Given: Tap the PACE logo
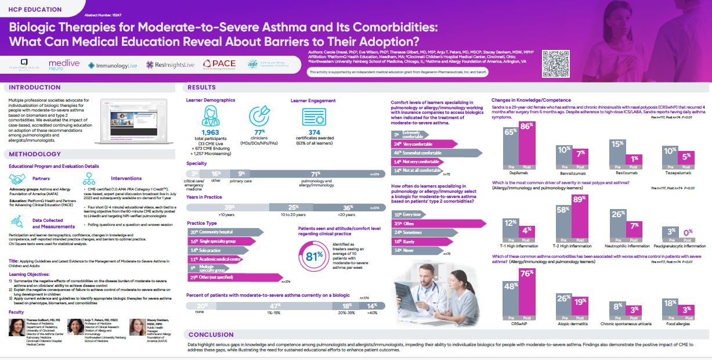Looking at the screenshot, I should click(x=219, y=64).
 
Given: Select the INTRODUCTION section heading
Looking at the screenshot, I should click(x=35, y=88).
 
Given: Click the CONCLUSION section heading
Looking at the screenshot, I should click(x=211, y=334).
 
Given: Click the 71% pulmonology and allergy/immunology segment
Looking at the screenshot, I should click(x=316, y=174).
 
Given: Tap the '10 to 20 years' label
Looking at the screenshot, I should click(x=294, y=214).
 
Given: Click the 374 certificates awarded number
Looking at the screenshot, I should click(x=315, y=133).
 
